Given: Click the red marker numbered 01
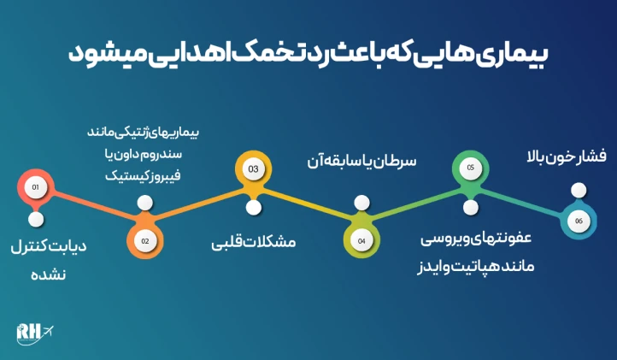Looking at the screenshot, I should (35, 186).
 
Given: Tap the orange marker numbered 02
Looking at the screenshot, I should (145, 240).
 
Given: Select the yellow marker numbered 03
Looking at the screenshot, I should (253, 169).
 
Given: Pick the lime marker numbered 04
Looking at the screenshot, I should (361, 240).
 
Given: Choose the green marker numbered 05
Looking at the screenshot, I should (470, 168).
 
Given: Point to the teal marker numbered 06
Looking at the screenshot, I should (579, 221).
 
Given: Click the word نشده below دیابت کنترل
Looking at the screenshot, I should (49, 275).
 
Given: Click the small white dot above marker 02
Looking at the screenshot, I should (145, 204).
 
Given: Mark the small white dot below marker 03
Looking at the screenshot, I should (253, 207).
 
